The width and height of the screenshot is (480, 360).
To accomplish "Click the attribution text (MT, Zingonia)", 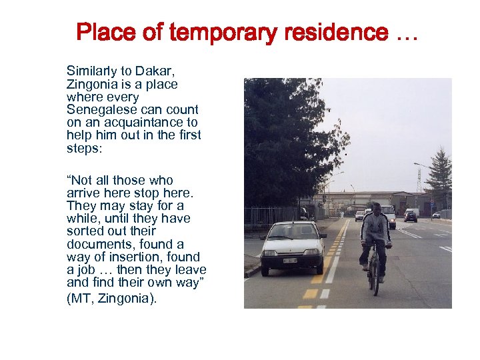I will (111, 298).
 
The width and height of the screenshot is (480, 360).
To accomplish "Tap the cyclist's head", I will (377, 209).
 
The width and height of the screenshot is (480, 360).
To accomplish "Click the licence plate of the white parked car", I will (289, 260).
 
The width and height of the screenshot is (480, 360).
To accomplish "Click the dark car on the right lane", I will (411, 217).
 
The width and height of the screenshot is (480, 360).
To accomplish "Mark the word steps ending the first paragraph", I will (83, 148).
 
